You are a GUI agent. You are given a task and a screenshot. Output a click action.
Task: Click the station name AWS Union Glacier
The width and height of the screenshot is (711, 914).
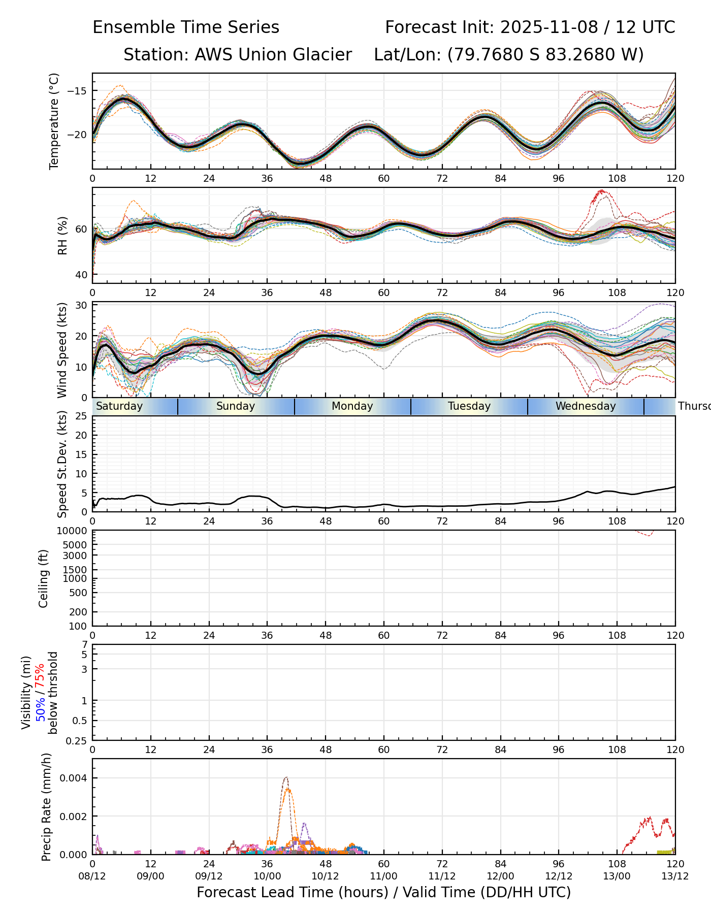273,54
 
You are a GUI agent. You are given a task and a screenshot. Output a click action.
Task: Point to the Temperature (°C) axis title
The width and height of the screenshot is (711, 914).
54,121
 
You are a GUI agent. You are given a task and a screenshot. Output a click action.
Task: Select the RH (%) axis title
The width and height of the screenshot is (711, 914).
62,235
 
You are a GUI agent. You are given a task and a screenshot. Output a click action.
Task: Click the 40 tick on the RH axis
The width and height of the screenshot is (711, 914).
81,275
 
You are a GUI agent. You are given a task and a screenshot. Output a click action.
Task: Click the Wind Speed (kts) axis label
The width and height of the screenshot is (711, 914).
62,350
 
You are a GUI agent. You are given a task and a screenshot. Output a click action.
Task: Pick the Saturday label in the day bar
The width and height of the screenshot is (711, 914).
119,406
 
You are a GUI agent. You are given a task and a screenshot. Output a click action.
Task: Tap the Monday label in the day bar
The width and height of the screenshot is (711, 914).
352,406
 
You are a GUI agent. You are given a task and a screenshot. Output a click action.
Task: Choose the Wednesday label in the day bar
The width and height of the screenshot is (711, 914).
585,406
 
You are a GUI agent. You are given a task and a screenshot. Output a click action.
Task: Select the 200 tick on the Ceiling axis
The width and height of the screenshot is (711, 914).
79,612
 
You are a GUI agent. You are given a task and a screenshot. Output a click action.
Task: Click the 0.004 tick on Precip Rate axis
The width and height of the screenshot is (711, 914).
74,778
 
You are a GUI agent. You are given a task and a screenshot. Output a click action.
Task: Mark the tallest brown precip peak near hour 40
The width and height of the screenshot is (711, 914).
286,777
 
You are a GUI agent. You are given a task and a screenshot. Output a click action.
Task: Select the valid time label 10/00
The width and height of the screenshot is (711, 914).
267,876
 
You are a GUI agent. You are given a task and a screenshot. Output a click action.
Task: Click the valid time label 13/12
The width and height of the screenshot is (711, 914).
675,876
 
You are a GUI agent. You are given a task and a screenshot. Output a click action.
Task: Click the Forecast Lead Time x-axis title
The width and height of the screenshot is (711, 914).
383,892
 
